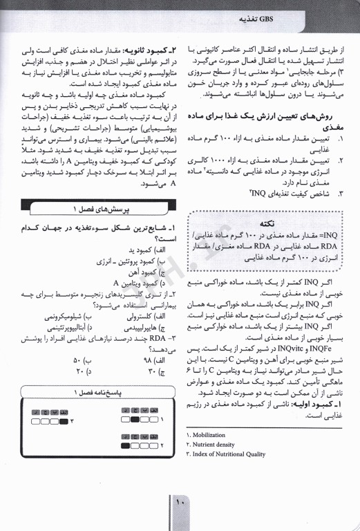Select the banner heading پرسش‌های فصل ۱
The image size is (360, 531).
[x=95, y=207]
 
